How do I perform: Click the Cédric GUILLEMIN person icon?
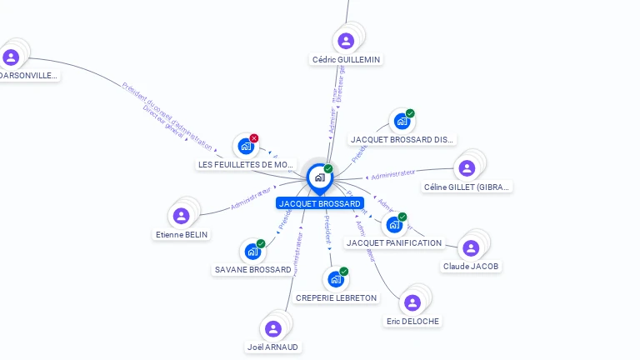click(346, 40)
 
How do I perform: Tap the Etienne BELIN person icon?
click(181, 216)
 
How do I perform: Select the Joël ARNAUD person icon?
click(272, 328)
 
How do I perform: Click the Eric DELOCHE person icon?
click(412, 302)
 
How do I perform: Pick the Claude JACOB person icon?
click(471, 247)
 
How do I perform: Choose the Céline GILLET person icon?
click(467, 168)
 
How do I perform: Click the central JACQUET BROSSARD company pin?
click(319, 177)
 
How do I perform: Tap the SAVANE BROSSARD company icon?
click(252, 251)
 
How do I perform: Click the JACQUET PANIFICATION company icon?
click(394, 224)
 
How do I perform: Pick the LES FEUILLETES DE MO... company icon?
click(245, 146)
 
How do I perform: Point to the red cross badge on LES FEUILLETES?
click(254, 137)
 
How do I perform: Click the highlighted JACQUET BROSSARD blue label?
click(320, 203)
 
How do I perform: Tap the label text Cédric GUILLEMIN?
click(346, 60)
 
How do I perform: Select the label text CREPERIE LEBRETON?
click(336, 297)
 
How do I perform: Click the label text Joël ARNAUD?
click(272, 347)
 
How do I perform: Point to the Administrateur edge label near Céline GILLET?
click(392, 175)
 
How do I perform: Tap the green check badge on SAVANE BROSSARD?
click(261, 243)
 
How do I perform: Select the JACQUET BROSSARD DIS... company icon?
click(402, 121)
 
